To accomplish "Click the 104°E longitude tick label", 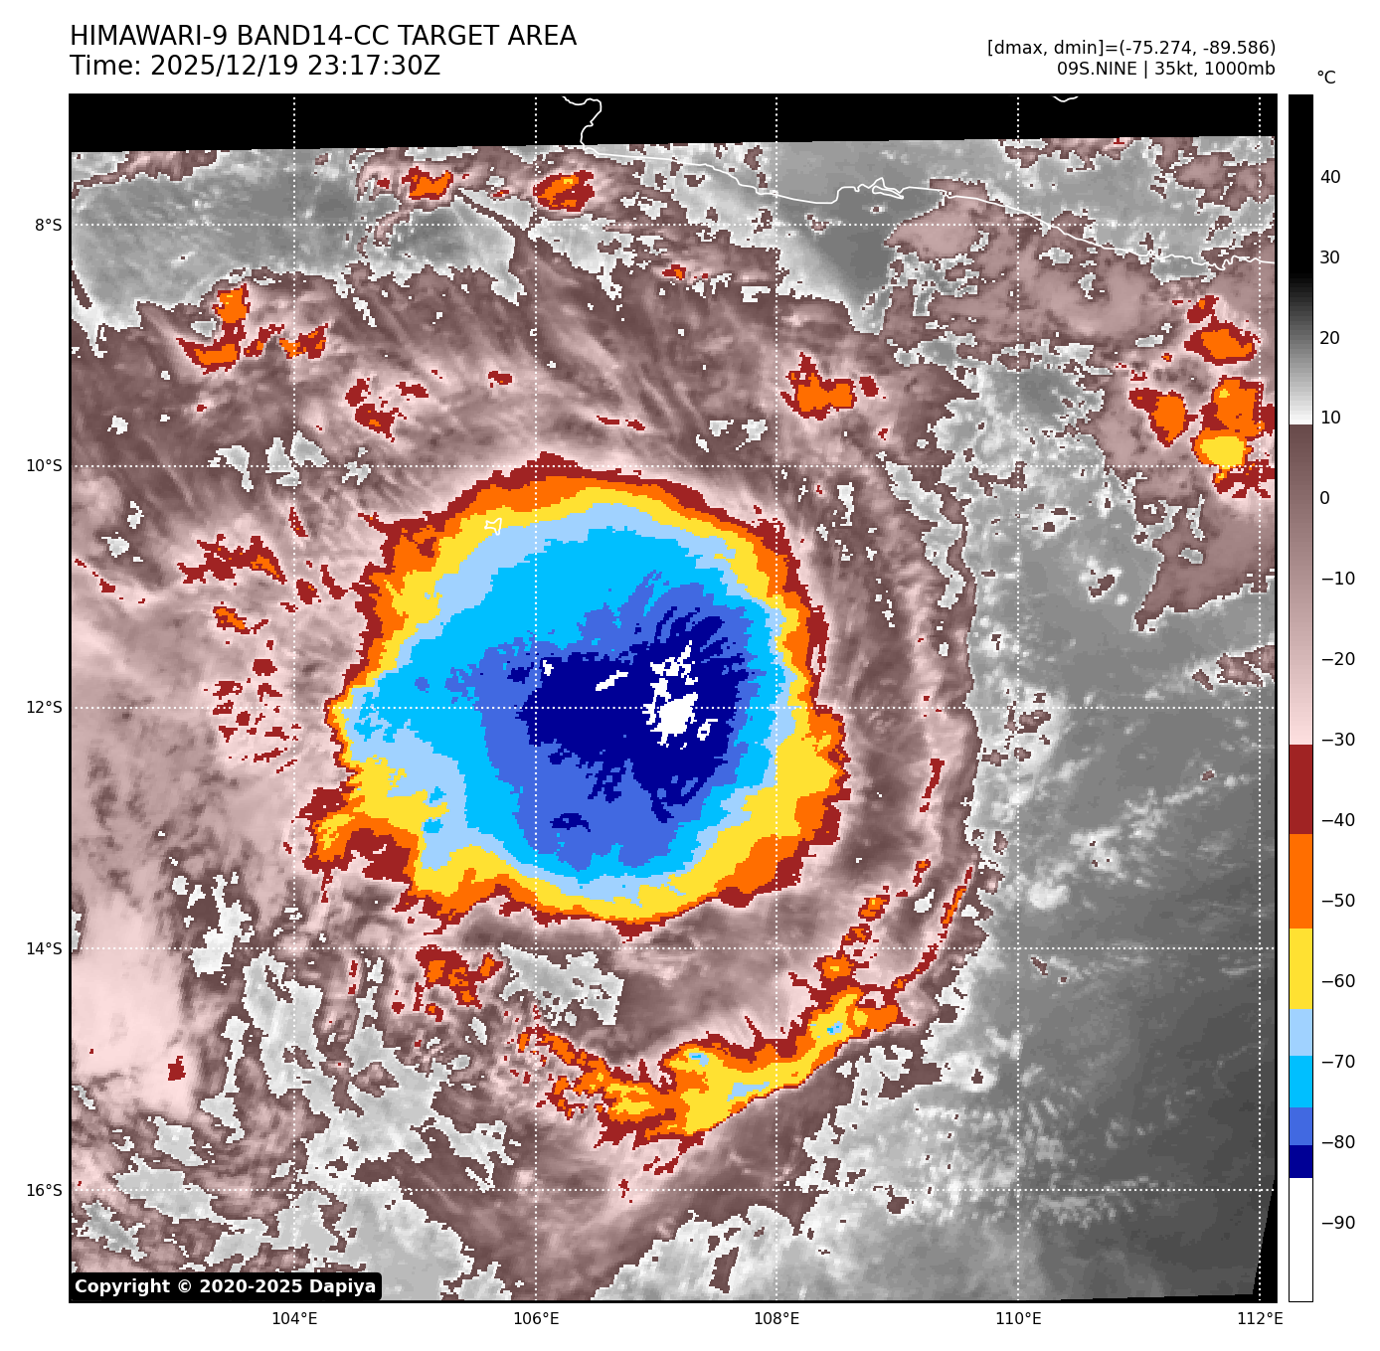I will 294,1319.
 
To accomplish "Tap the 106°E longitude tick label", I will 536,1319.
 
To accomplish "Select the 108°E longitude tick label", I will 776,1319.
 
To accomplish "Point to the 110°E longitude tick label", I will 1018,1319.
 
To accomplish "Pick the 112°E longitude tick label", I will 1259,1319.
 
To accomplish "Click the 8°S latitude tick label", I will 48,225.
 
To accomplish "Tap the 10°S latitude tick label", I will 44,465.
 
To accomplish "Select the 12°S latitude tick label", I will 44,707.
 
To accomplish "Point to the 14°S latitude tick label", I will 44,948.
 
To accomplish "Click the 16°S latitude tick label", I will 44,1190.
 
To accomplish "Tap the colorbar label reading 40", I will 1330,177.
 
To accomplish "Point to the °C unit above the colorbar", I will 1326,78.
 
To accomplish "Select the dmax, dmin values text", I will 1130,48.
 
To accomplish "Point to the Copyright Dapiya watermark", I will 226,1286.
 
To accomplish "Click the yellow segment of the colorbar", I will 1300,969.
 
